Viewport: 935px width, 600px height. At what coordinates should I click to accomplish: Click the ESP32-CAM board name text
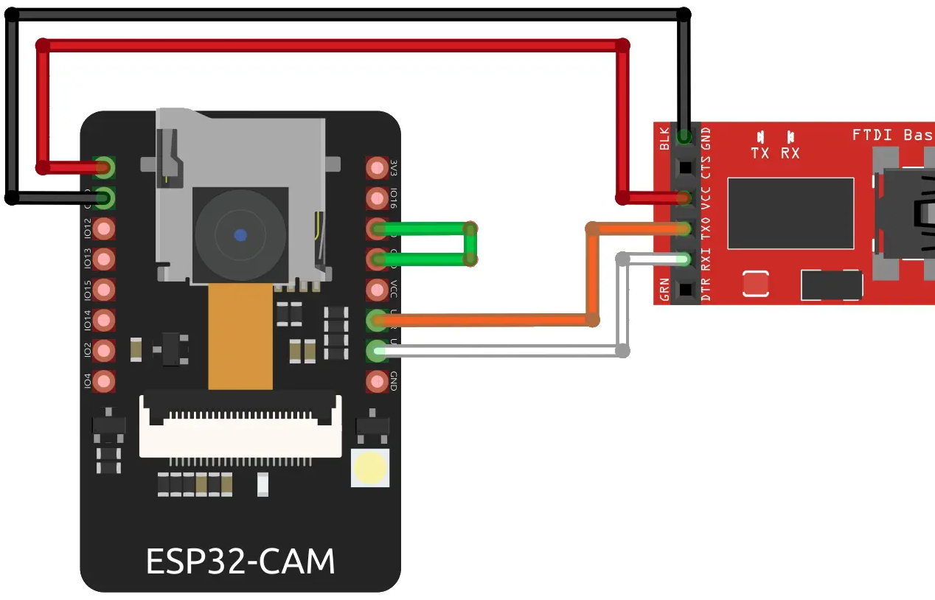click(x=240, y=562)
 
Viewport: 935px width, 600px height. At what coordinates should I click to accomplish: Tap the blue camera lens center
click(x=240, y=235)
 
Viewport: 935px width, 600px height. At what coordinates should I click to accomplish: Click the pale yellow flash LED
click(x=370, y=467)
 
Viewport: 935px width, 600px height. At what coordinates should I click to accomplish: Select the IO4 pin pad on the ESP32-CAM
click(x=105, y=381)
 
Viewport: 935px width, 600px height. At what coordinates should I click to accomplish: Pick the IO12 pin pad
click(x=105, y=229)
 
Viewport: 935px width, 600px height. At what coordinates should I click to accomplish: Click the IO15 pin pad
click(x=105, y=290)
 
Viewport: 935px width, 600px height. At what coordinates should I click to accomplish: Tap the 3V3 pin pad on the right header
click(x=377, y=168)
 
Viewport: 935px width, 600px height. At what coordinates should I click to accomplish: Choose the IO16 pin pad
click(x=377, y=198)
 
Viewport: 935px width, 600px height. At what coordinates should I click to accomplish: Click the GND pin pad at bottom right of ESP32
click(x=377, y=381)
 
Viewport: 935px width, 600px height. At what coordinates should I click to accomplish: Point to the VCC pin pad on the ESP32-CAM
click(x=377, y=290)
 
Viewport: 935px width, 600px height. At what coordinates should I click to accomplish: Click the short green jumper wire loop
click(x=470, y=243)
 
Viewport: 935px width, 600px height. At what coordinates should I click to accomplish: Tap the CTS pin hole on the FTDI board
click(x=685, y=167)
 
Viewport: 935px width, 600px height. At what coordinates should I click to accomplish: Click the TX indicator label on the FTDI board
click(x=760, y=153)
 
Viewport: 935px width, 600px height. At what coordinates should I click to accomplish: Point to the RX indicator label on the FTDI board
click(x=790, y=153)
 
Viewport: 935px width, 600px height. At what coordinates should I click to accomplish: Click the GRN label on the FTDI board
click(x=665, y=290)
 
